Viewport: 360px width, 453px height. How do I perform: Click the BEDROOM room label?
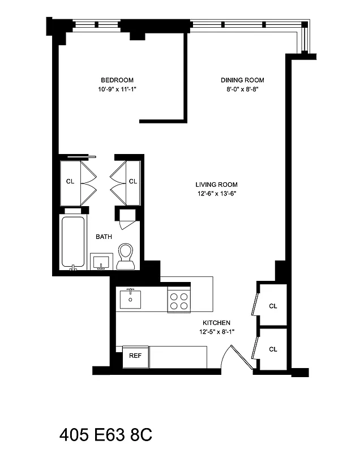pos(117,80)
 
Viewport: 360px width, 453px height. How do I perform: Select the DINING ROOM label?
pos(242,80)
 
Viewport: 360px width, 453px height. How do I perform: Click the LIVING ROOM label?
pos(216,185)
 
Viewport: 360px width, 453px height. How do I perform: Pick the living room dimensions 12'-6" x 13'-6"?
pos(216,194)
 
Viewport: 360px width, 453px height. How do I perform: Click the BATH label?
pos(104,237)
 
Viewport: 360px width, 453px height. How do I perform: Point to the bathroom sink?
pos(102,262)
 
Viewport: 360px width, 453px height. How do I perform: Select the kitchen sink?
pos(130,298)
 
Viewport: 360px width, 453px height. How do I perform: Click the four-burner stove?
pos(179,300)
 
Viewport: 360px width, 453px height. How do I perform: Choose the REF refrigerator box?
pos(135,356)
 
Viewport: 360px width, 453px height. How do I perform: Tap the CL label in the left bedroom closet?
pos(70,182)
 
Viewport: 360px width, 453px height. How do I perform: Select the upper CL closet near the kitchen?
pos(273,306)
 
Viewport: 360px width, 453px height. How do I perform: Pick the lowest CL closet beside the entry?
pos(273,349)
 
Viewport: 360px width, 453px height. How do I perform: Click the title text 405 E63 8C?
pos(105,435)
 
